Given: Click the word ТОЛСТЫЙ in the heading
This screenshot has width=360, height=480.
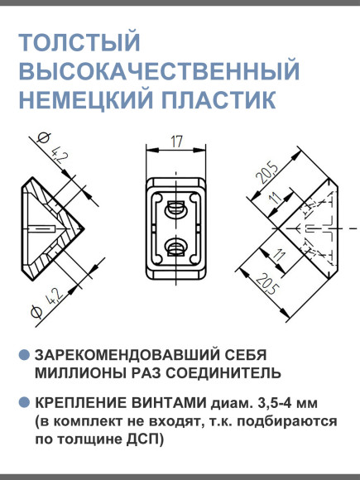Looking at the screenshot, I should tap(79, 44).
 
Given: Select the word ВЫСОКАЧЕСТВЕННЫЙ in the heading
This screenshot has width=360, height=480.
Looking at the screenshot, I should tap(157, 72).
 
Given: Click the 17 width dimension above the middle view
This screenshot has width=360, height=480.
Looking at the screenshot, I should tap(175, 142).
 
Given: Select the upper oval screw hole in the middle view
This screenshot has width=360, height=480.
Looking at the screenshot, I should tap(175, 207).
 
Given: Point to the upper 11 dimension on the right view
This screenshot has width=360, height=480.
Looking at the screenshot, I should tap(274, 199).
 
